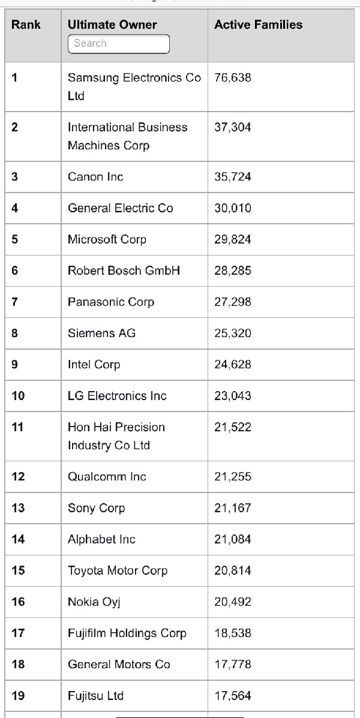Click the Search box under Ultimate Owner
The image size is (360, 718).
[x=118, y=44]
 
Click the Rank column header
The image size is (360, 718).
[x=26, y=25]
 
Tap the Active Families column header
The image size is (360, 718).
[x=258, y=25]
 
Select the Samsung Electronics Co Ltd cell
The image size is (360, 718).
[x=134, y=86]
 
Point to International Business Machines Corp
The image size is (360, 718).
[x=127, y=136]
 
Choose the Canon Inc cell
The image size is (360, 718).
[x=95, y=177]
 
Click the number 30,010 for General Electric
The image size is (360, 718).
[x=232, y=208]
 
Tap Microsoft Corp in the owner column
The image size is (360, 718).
[x=107, y=239]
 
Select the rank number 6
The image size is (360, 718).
[x=15, y=271]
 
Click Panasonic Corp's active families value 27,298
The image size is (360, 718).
[x=232, y=302]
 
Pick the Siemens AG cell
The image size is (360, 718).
[x=101, y=333]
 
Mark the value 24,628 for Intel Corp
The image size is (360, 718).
[x=232, y=364]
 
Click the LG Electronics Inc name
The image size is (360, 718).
[x=117, y=396]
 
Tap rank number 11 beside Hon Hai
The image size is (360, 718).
[x=17, y=427]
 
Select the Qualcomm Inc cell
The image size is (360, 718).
[x=107, y=477]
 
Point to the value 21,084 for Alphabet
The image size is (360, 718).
[x=232, y=539]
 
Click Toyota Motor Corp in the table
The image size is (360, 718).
[x=118, y=570]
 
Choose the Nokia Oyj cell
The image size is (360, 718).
[x=94, y=602]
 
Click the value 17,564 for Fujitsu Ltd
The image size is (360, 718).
[x=232, y=696]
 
